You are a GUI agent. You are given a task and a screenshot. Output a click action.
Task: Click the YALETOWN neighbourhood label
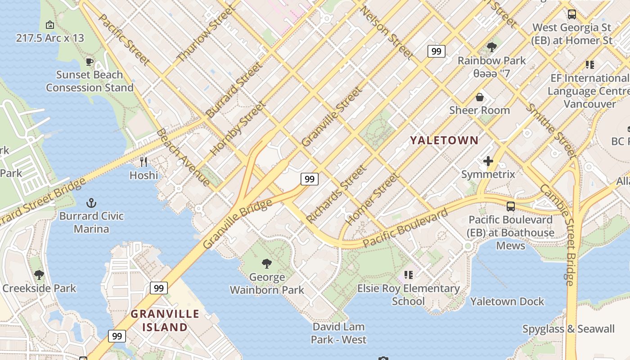[x=444, y=140]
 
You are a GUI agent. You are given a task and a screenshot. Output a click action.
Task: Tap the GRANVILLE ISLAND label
[x=165, y=320]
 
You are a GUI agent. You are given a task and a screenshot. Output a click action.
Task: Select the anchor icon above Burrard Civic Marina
[x=91, y=203]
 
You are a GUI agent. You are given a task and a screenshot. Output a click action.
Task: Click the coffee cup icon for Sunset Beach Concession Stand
[x=90, y=62]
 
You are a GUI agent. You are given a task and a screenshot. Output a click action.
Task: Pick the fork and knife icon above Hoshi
[x=144, y=162]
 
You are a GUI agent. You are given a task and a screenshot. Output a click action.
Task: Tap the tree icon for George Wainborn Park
[x=267, y=264]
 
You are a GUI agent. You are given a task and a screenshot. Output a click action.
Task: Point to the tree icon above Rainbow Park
[x=491, y=47]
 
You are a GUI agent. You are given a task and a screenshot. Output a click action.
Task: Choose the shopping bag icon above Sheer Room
[x=480, y=97]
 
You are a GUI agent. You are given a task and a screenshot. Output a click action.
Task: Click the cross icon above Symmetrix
[x=488, y=161]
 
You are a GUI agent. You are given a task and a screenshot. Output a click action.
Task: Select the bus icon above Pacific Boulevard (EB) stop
[x=510, y=207]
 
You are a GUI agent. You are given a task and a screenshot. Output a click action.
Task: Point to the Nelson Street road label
[x=387, y=33]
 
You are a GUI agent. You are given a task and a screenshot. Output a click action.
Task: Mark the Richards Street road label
[x=336, y=194]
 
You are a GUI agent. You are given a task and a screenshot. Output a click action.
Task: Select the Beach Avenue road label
[x=183, y=157]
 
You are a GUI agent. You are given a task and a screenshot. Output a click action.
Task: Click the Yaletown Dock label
[x=507, y=301]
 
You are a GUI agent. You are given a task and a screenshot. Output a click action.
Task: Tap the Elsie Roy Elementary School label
[x=409, y=295]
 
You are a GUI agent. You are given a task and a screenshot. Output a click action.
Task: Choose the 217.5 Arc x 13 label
[x=50, y=38]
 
